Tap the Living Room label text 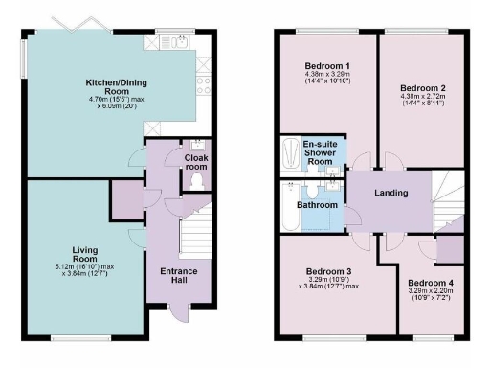(x=85, y=254)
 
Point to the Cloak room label (x=195, y=161)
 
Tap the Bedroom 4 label (x=431, y=283)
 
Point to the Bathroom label (x=317, y=205)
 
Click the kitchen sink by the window (x=179, y=42)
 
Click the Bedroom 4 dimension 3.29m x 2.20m (x=431, y=294)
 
